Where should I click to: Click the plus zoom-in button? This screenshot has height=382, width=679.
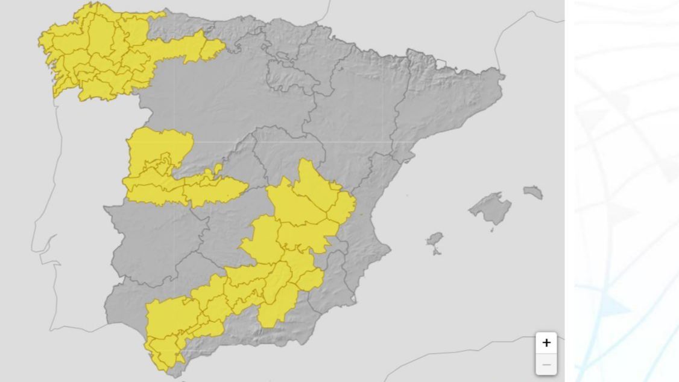[546, 343]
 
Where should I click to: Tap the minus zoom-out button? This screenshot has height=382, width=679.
[546, 364]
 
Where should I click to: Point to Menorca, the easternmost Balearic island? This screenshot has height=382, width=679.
[533, 193]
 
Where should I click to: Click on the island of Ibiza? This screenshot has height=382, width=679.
[434, 241]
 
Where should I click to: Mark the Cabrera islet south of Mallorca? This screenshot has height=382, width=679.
[492, 230]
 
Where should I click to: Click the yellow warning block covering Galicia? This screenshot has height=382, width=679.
[96, 54]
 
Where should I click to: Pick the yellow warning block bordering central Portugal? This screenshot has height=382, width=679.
[157, 163]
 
